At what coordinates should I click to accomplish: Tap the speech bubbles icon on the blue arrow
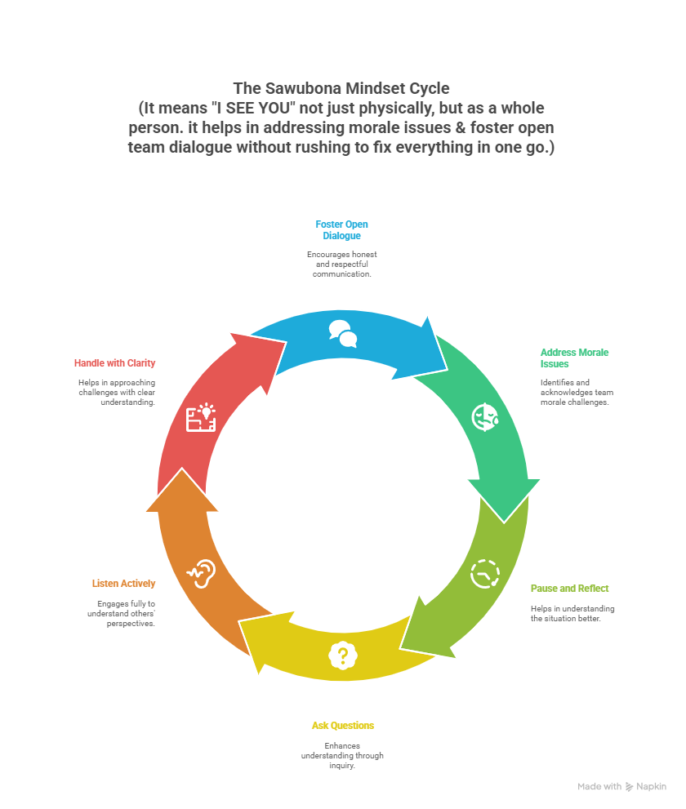pos(343,333)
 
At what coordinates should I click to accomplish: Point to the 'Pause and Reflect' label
pos(569,588)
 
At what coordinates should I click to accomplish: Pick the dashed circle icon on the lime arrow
pos(484,574)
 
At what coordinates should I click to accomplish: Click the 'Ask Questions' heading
pos(342,725)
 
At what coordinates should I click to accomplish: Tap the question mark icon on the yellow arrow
pos(343,655)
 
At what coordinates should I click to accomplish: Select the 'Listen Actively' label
pos(122,583)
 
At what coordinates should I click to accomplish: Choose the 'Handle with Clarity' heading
pos(114,362)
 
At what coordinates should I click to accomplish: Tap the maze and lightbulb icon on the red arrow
pos(201,417)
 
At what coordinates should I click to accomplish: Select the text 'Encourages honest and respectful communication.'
pos(342,264)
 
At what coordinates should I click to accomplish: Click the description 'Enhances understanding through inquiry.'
pos(342,755)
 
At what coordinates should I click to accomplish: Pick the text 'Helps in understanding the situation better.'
pos(572,613)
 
